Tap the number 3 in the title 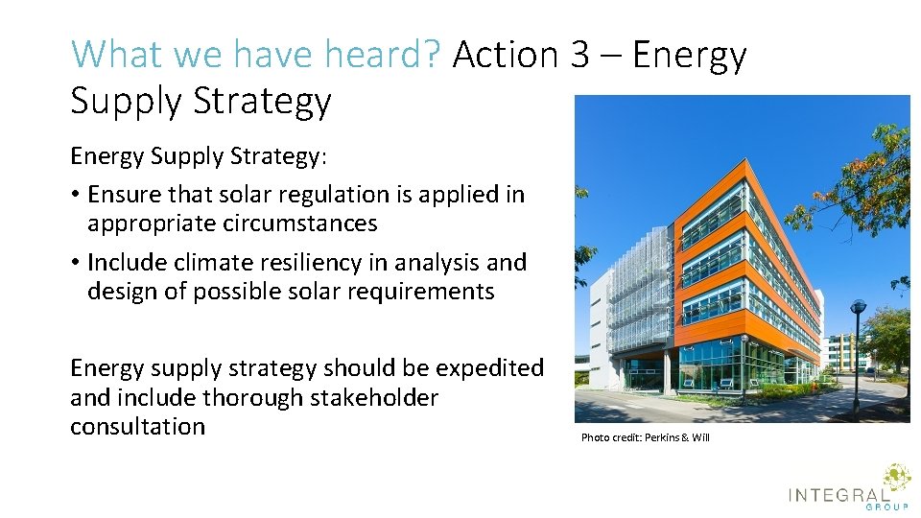point(579,55)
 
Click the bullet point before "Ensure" point(75,196)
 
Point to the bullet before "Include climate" point(75,263)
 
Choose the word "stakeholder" point(374,397)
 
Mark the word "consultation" point(137,426)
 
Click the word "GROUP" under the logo point(887,506)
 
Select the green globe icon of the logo point(896,478)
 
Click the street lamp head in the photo point(858,307)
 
